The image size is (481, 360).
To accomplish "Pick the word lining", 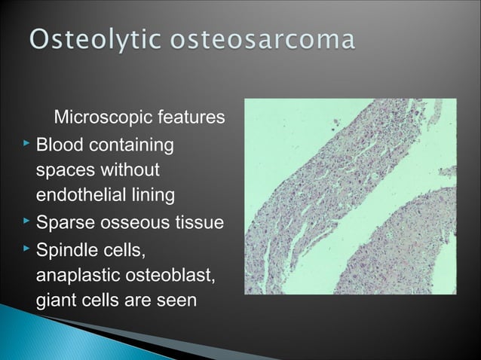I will (x=153, y=197).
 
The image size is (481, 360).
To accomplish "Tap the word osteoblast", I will (x=173, y=275).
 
